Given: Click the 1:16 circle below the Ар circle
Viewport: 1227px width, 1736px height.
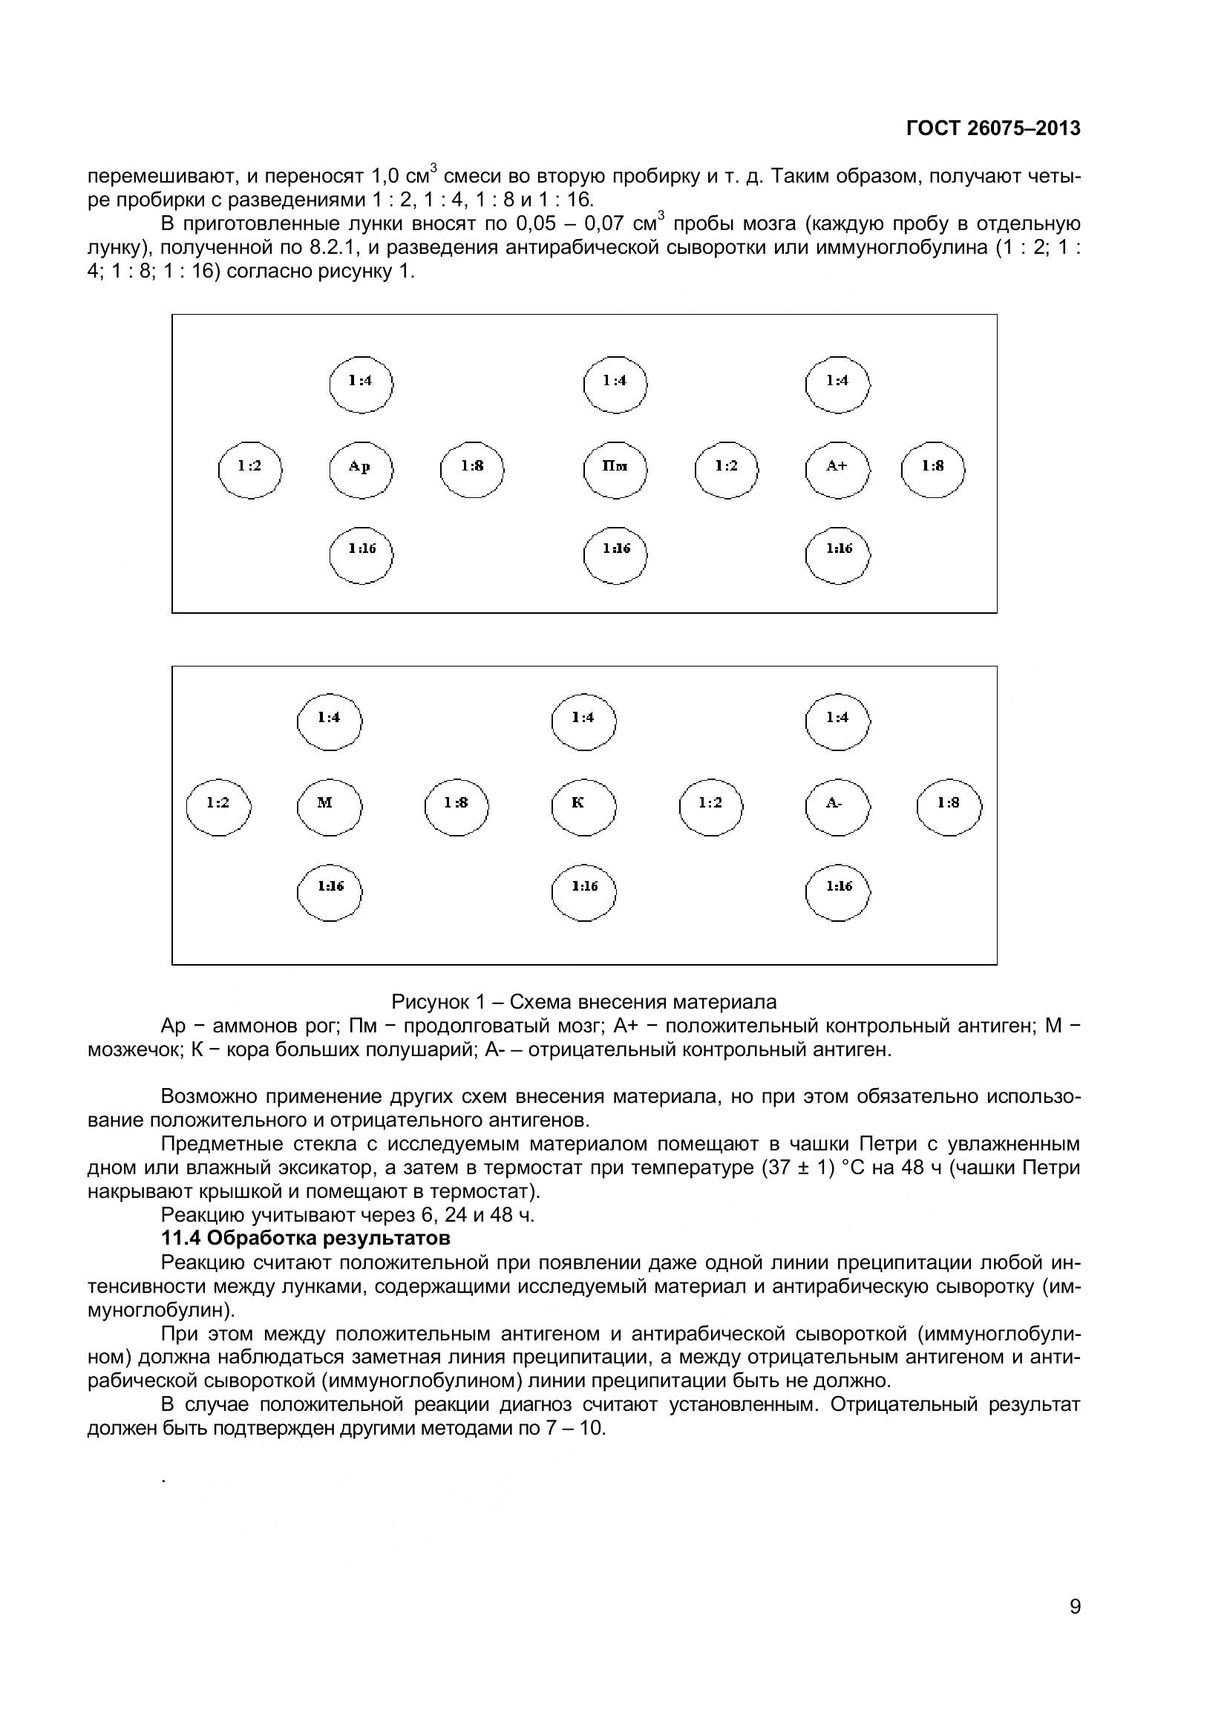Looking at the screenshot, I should point(361,555).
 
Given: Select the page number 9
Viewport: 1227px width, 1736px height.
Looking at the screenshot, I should point(1075,1628).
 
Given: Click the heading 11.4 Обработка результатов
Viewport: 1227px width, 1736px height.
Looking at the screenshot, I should point(305,1239).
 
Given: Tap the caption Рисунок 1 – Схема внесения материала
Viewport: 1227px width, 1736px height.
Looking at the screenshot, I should point(583,1002).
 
